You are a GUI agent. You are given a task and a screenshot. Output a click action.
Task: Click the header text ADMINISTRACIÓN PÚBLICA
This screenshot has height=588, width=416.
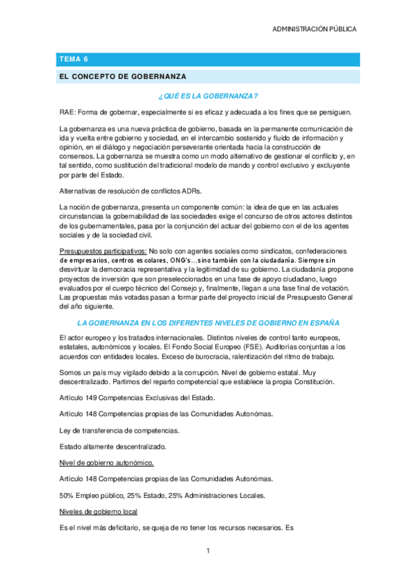[315, 29]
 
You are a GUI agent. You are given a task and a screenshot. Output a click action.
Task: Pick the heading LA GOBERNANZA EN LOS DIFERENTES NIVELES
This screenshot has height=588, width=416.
[208, 323]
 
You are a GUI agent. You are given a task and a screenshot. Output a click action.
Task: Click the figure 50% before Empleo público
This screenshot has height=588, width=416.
[68, 495]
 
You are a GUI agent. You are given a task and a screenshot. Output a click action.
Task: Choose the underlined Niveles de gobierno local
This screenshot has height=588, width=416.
[99, 511]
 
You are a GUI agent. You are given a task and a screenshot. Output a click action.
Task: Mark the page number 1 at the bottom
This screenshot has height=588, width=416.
[208, 551]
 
